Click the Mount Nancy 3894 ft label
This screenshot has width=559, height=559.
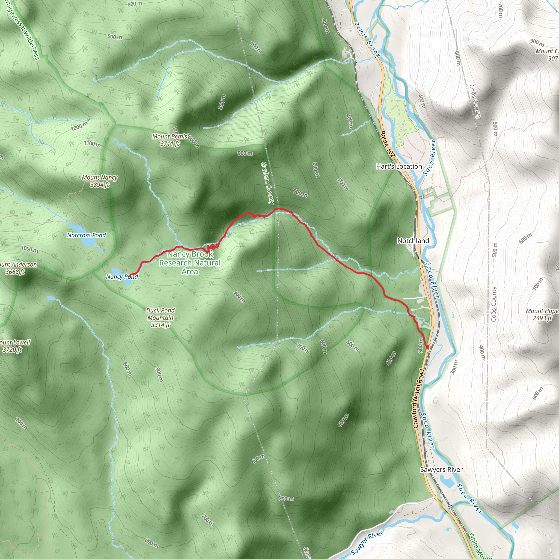pyautogui.click(x=100, y=181)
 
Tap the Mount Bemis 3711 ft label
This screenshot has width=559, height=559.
pyautogui.click(x=170, y=140)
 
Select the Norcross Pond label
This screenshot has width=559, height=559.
pyautogui.click(x=87, y=235)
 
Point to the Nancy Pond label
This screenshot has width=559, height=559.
pyautogui.click(x=122, y=276)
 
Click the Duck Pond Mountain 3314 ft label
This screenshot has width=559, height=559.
pyautogui.click(x=160, y=317)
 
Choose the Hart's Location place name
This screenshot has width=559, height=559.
pyautogui.click(x=399, y=166)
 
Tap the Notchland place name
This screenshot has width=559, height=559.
pyautogui.click(x=413, y=241)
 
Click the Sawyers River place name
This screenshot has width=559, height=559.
pyautogui.click(x=441, y=469)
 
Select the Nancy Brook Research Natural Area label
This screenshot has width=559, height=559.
pyautogui.click(x=190, y=263)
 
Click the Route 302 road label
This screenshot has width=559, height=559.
pyautogui.click(x=387, y=144)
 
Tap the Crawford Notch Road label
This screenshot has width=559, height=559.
pyautogui.click(x=419, y=399)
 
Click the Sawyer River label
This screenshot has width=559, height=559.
pyautogui.click(x=367, y=543)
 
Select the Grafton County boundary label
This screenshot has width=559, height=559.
pyautogui.click(x=267, y=183)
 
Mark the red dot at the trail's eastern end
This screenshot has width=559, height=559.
pyautogui.click(x=427, y=347)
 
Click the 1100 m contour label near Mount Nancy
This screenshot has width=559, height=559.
pyautogui.click(x=92, y=144)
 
